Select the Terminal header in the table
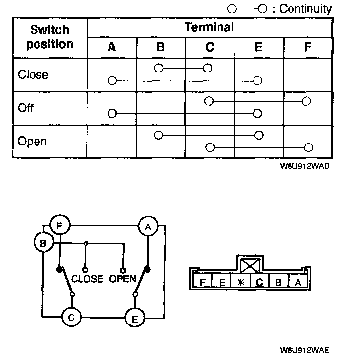coord(209,27)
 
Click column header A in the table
coord(112,47)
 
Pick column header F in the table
coord(308,47)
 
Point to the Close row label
coord(33,75)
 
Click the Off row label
coord(25,108)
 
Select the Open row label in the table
coord(32,142)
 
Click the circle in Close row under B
coord(158,68)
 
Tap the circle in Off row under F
coord(307,101)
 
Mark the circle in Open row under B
coord(158,135)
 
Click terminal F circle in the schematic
coord(59,226)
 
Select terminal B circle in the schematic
coord(43,243)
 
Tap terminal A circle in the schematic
coord(147,226)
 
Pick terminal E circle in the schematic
coord(134,318)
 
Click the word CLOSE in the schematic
coord(87,279)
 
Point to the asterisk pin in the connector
coord(241,282)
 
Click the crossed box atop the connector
coord(251,266)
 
